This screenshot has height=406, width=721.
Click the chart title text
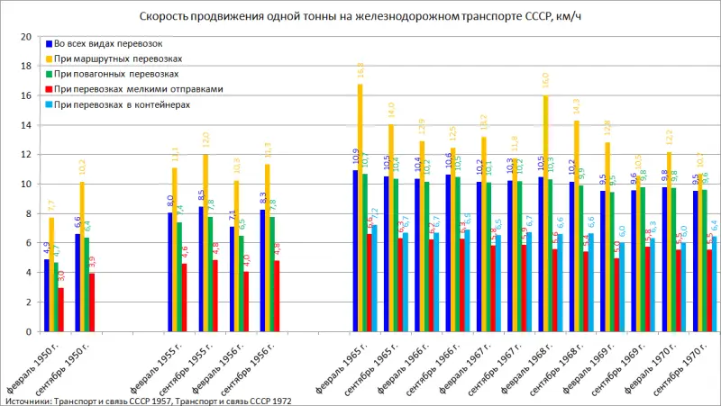click(x=360, y=17)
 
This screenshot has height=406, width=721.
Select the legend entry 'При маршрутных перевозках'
click(x=117, y=58)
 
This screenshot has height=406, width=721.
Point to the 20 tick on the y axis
click(x=26, y=37)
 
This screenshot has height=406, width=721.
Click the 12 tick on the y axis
click(x=26, y=155)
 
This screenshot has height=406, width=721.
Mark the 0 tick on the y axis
click(x=29, y=332)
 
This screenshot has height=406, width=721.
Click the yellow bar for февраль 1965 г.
click(x=360, y=208)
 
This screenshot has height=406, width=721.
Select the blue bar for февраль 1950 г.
click(x=47, y=296)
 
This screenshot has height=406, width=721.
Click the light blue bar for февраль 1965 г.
click(x=373, y=279)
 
